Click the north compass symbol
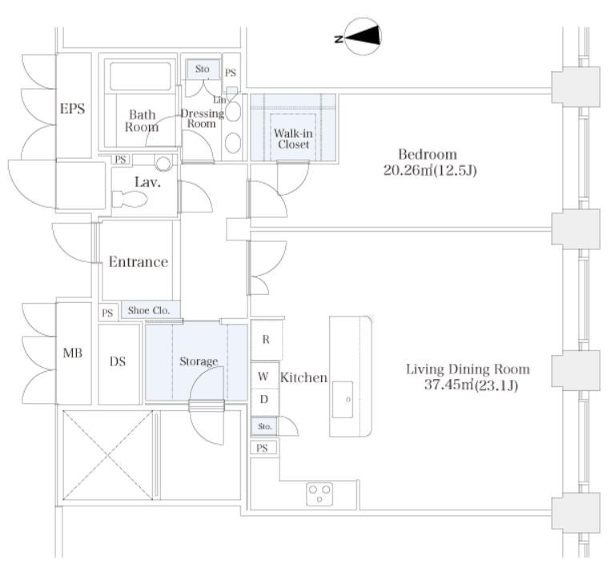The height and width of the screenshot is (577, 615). [363, 37]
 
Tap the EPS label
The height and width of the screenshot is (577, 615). [72, 108]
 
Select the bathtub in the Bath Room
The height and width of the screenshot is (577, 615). [140, 76]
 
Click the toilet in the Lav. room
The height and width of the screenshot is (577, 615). [130, 199]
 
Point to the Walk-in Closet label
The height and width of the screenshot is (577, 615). [293, 139]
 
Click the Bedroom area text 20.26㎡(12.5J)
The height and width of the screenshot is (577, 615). [430, 171]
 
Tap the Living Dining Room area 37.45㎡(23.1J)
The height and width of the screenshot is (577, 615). [471, 385]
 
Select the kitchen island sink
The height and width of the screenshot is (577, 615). [343, 399]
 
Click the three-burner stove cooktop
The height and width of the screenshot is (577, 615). [320, 494]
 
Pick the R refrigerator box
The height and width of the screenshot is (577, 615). [266, 340]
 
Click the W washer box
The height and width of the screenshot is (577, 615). [264, 376]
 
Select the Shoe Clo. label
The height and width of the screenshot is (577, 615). [149, 310]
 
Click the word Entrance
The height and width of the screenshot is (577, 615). [139, 262]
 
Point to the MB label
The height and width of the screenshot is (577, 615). [73, 353]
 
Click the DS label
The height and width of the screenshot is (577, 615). [118, 361]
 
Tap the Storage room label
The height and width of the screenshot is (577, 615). [199, 361]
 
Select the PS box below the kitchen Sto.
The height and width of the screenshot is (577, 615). [263, 448]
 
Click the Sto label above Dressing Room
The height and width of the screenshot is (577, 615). [203, 69]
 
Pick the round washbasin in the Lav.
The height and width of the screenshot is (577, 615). [163, 163]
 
